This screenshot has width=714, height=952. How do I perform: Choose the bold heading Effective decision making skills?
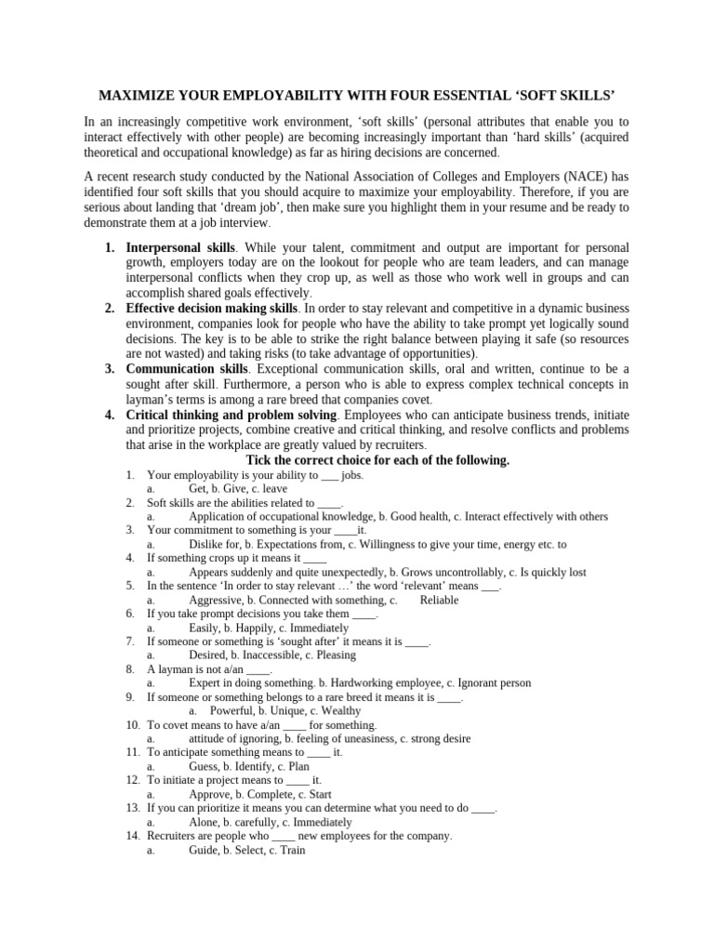(213, 308)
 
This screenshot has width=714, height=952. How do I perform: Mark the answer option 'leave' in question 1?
(275, 488)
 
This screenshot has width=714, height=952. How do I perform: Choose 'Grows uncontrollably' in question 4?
(448, 573)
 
